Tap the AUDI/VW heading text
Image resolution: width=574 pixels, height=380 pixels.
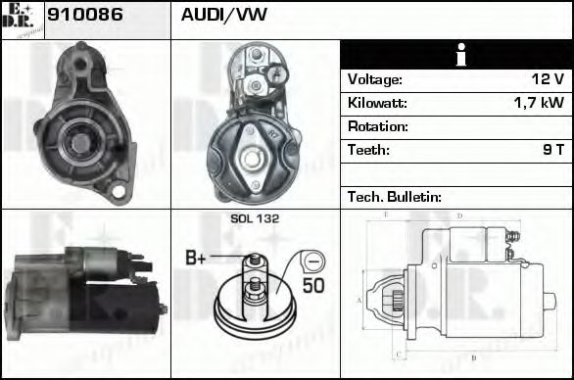tap(223, 16)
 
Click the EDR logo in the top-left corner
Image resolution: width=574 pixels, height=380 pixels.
tap(22, 19)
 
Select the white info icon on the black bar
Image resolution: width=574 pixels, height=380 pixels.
tap(455, 55)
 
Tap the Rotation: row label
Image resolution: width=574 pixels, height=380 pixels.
tap(378, 126)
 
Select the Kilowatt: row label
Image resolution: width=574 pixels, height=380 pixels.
tap(377, 103)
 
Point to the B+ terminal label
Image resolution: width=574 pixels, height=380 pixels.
tap(196, 259)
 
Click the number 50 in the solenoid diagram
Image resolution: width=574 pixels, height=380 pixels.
tap(313, 285)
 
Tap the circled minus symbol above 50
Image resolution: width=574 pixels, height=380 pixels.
tap(311, 261)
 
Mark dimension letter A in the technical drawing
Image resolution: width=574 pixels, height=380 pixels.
tap(359, 300)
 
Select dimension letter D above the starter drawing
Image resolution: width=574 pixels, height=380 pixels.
tap(459, 216)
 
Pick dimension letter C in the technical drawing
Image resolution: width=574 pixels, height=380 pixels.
tap(396, 355)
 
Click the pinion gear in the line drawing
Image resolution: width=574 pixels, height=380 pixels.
tap(400, 300)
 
